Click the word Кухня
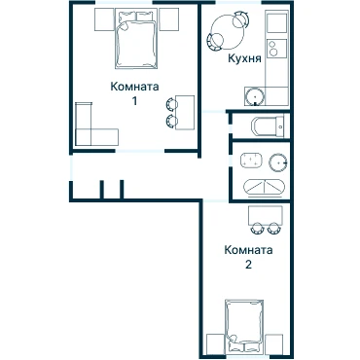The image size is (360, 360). pyautogui.click(x=244, y=58)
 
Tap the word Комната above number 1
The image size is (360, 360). pyautogui.click(x=134, y=87)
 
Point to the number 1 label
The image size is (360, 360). pyautogui.click(x=134, y=101)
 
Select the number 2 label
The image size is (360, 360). pyautogui.click(x=248, y=265)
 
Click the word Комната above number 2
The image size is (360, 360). pyautogui.click(x=248, y=250)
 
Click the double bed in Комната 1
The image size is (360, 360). pyautogui.click(x=136, y=39)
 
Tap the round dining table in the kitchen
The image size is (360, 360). pyautogui.click(x=228, y=30)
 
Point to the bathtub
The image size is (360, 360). pyautogui.click(x=265, y=189)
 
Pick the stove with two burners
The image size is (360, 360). pyautogui.click(x=276, y=49)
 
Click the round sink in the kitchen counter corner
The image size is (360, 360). pyautogui.click(x=254, y=96)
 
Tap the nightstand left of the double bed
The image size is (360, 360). pyautogui.click(x=105, y=19)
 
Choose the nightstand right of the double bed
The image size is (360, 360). pyautogui.click(x=168, y=19)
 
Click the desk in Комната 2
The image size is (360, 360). pyautogui.click(x=266, y=215)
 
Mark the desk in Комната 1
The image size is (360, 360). pyautogui.click(x=185, y=113)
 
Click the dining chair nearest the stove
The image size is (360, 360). pyautogui.click(x=241, y=18)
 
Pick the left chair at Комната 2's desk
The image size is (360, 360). pyautogui.click(x=257, y=229)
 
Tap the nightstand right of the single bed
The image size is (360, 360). pyautogui.click(x=274, y=344)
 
